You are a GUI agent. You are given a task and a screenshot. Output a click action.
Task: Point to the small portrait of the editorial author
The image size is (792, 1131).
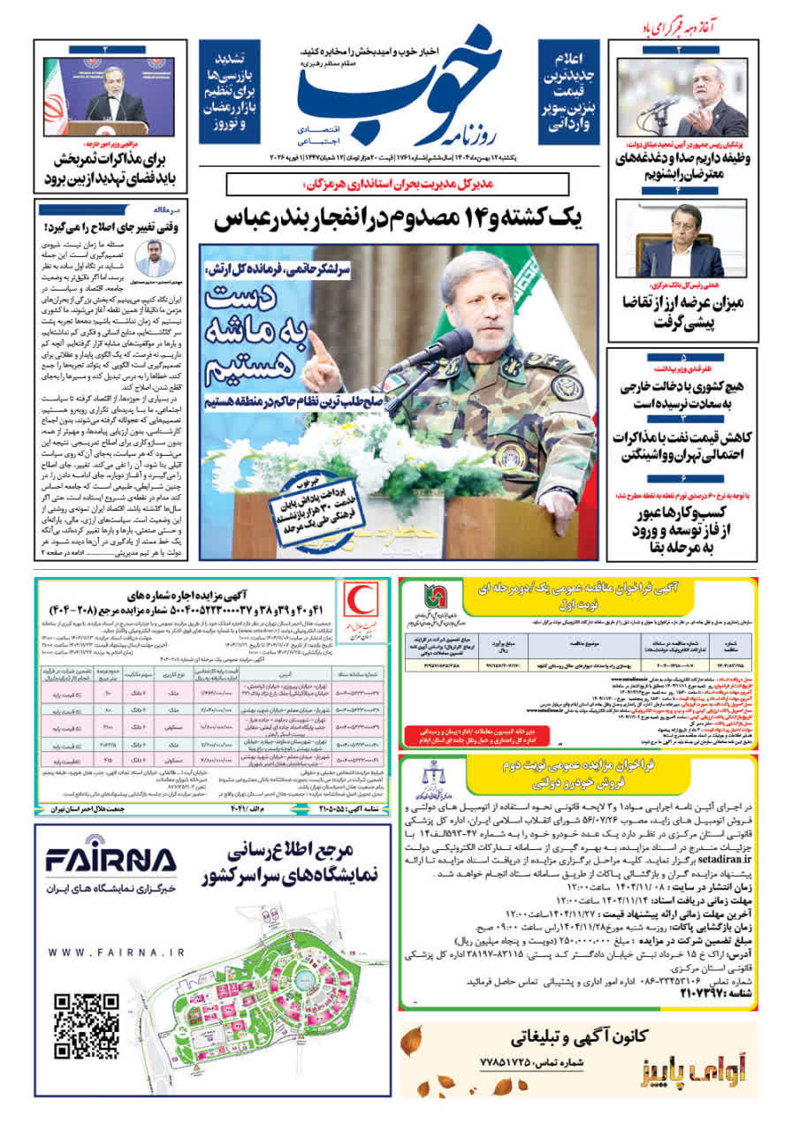click(x=156, y=258)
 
